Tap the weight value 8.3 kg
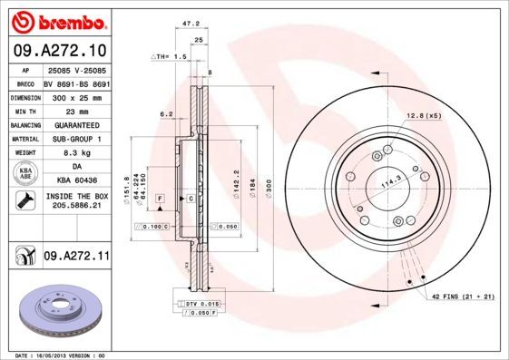[x=76, y=154]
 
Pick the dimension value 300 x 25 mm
[x=76, y=95]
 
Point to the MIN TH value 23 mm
[x=76, y=110]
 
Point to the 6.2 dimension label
[x=166, y=114]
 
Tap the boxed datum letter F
[x=159, y=198]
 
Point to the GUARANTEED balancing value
[x=76, y=124]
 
